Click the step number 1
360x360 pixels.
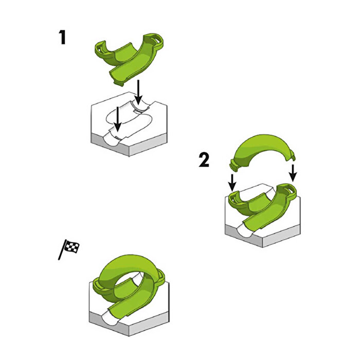point(62,38)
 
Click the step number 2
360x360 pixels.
point(204,160)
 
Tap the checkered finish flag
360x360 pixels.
point(69,249)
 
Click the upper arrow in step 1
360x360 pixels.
point(138,92)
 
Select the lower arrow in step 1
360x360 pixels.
point(118,119)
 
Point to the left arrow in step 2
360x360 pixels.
point(232,183)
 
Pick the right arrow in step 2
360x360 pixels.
point(293,172)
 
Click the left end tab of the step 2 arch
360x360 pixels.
point(235,166)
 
